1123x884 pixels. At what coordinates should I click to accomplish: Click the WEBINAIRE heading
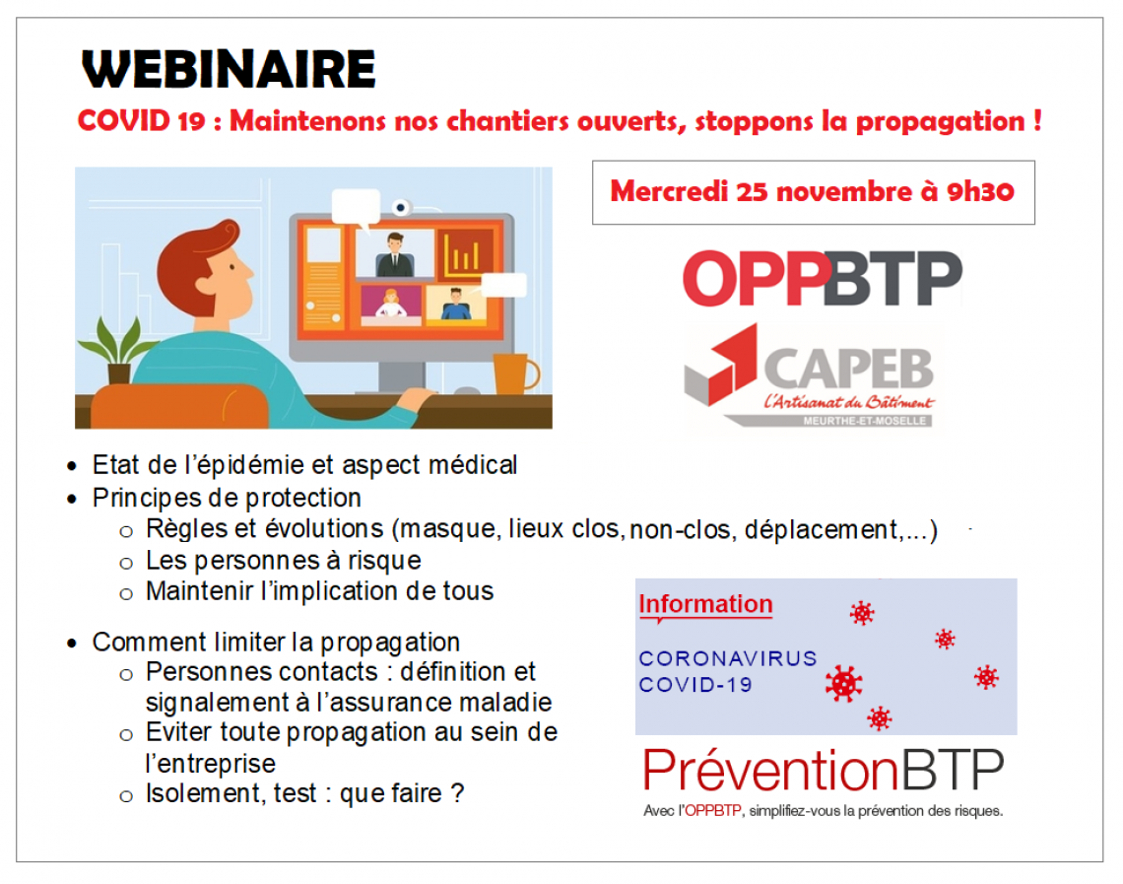coord(230,70)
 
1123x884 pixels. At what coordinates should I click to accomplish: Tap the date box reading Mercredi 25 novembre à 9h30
coord(813,192)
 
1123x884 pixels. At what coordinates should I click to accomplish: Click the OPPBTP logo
coord(823,278)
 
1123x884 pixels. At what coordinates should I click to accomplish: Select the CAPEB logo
coord(810,376)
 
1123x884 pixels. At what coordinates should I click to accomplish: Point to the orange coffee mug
coord(514,374)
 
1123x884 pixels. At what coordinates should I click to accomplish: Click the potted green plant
coord(118,350)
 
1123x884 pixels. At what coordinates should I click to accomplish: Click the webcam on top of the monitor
coord(400,208)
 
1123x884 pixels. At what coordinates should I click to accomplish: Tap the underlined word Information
coord(705,604)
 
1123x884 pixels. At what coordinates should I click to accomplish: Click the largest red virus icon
coord(843,683)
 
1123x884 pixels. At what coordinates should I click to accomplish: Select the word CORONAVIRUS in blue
coord(728,658)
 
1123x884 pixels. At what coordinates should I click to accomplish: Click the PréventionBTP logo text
coord(823,770)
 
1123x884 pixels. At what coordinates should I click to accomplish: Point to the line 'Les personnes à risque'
coord(283,560)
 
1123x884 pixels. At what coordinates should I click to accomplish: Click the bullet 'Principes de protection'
coord(227,498)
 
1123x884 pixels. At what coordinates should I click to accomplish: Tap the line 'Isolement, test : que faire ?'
coord(304,793)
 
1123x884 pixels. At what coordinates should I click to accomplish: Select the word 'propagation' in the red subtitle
coord(941,122)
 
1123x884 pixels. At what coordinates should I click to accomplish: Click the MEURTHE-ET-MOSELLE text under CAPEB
coord(865,421)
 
